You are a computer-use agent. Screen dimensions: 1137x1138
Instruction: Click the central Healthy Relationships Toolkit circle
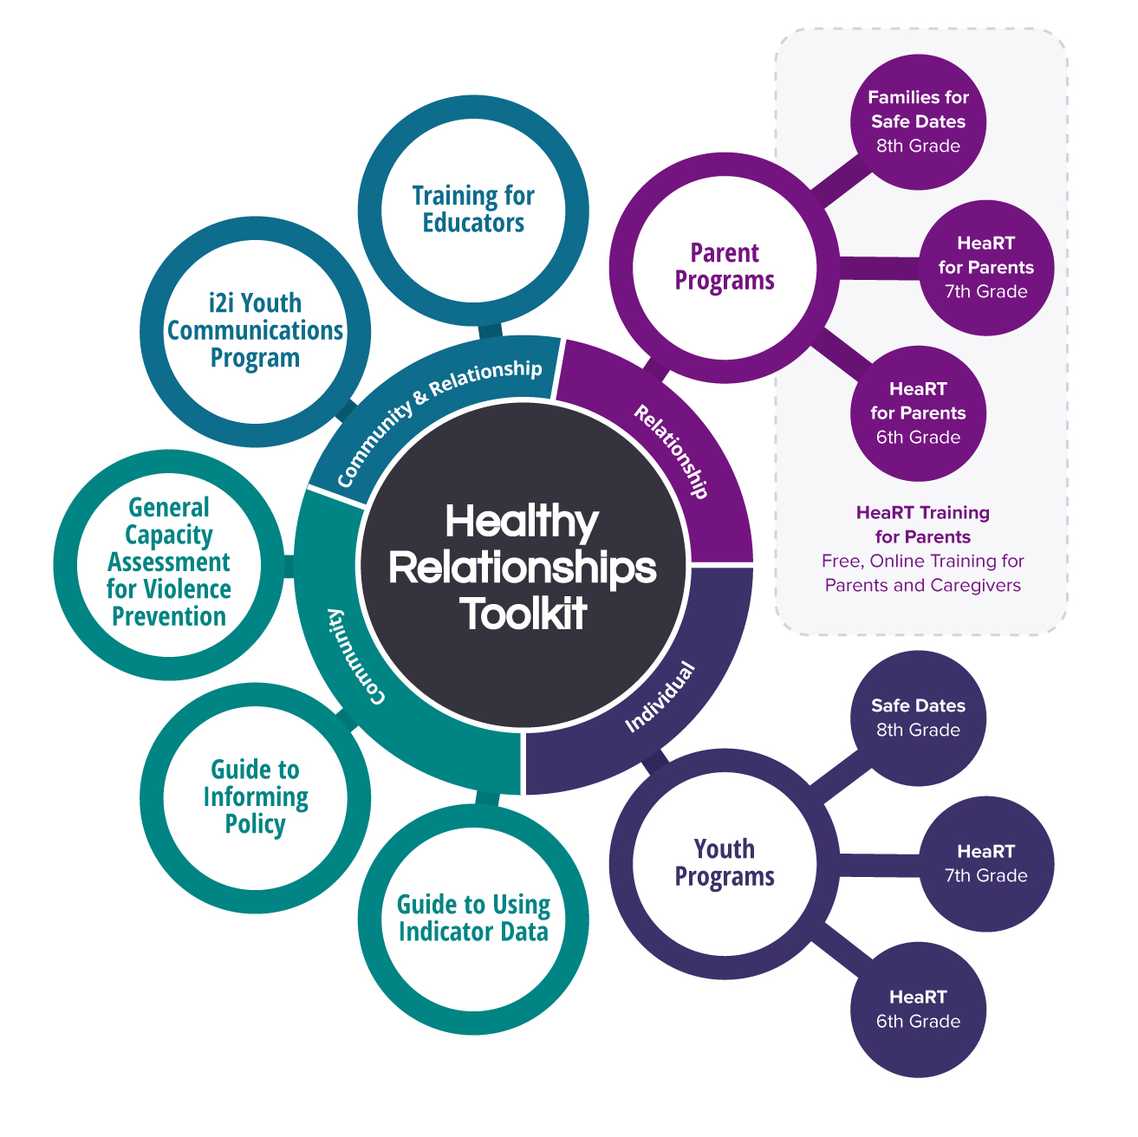(x=523, y=567)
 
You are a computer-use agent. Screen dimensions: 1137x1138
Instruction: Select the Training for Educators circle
(x=473, y=210)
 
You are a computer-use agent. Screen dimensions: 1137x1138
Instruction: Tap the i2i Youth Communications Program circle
(x=255, y=331)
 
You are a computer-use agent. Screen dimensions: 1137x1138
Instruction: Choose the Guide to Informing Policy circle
(x=255, y=796)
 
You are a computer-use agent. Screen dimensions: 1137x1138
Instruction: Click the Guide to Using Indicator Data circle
(x=473, y=919)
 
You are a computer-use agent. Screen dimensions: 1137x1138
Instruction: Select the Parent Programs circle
(x=725, y=267)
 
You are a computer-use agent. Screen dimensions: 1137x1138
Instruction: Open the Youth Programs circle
(x=725, y=863)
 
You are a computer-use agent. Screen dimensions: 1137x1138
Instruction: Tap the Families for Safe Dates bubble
(x=918, y=121)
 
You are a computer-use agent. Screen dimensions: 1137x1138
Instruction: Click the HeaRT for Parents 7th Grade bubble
(x=985, y=268)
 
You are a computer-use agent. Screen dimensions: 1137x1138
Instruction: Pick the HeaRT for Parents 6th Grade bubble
(x=918, y=413)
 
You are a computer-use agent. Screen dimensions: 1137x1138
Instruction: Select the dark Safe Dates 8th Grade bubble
(x=918, y=718)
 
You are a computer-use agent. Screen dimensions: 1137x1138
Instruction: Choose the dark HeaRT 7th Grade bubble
(x=985, y=864)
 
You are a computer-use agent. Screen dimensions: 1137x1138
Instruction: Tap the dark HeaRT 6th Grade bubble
(x=918, y=1010)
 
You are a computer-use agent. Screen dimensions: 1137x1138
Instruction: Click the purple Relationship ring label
(x=672, y=452)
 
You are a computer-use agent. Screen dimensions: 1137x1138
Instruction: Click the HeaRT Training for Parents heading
(x=922, y=524)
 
